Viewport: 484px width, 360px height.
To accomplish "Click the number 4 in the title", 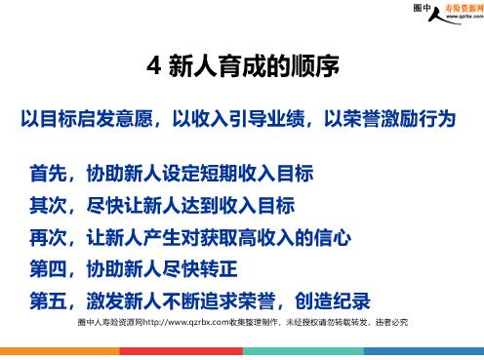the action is (x=154, y=66).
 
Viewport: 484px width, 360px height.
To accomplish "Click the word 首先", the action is (x=49, y=173).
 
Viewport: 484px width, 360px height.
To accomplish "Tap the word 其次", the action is (x=49, y=205).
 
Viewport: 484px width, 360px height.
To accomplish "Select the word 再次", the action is (x=49, y=237).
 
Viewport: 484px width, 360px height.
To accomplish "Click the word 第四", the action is (x=49, y=269).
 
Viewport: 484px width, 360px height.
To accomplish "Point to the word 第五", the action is (x=49, y=300).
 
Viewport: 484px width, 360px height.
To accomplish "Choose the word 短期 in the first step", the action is (x=220, y=173).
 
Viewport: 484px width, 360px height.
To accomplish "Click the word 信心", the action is (x=333, y=237).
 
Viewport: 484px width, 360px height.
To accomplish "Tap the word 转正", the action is (x=220, y=269).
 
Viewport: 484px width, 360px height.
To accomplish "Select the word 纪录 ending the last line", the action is (x=352, y=300).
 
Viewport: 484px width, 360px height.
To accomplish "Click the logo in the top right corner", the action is (x=448, y=14).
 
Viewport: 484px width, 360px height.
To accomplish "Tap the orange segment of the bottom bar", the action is (x=60, y=351).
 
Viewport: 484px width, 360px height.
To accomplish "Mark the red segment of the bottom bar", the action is (x=181, y=351).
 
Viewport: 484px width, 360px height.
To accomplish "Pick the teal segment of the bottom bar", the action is (x=303, y=351).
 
